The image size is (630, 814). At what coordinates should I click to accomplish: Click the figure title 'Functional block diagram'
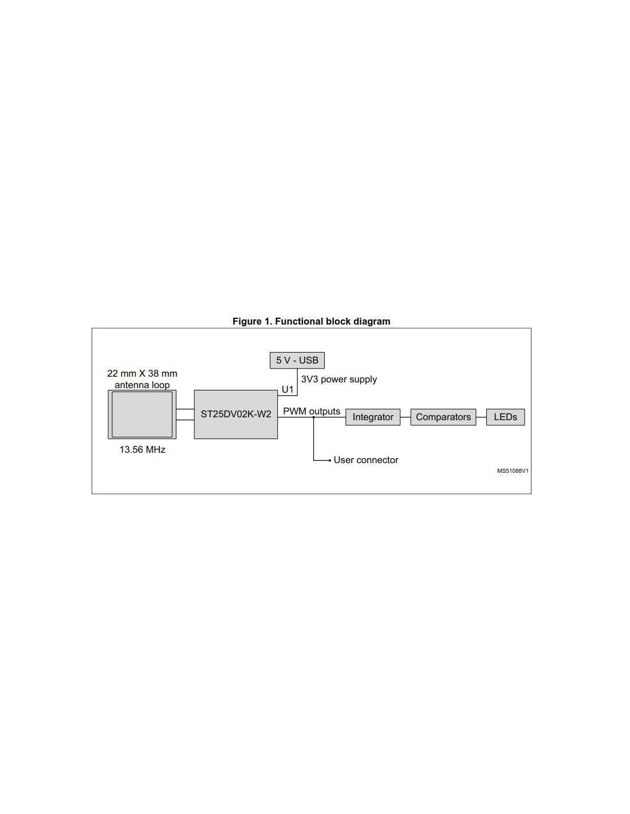click(332, 321)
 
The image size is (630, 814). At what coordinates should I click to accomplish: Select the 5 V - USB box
click(297, 360)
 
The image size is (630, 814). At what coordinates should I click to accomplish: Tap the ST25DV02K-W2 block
click(235, 414)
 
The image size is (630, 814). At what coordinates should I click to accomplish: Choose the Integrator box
click(372, 417)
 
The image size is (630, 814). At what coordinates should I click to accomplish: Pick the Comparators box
click(443, 417)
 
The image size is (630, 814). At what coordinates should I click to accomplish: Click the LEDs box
click(505, 417)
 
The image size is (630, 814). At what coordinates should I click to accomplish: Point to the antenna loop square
click(141, 414)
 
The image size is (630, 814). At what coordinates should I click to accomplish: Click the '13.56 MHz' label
click(142, 449)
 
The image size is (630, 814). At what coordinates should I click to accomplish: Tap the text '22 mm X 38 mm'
click(141, 373)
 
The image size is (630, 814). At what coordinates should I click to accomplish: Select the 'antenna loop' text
click(141, 385)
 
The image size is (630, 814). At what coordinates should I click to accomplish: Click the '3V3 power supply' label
click(338, 380)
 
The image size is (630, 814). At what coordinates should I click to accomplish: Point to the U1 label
click(287, 390)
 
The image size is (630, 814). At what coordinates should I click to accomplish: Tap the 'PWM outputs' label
click(311, 412)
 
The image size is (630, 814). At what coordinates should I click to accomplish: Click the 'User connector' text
click(365, 460)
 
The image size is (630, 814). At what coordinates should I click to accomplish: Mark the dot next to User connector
click(329, 460)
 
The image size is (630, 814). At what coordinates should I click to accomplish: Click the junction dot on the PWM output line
click(313, 417)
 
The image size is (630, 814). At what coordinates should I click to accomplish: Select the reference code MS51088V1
click(513, 471)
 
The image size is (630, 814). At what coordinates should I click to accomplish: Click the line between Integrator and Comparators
click(405, 417)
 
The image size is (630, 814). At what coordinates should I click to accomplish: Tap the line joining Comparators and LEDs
click(481, 417)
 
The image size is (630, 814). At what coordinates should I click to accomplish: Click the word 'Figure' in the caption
click(247, 321)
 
